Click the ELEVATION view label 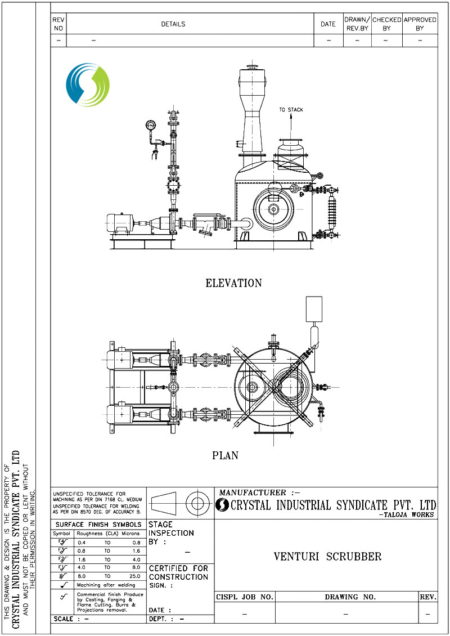pyautogui.click(x=233, y=283)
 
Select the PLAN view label pyautogui.click(x=225, y=455)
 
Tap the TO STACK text pyautogui.click(x=291, y=110)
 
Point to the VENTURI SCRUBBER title pyautogui.click(x=327, y=557)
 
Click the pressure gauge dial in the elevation pyautogui.click(x=150, y=125)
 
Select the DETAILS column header pyautogui.click(x=173, y=24)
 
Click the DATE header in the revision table pyautogui.click(x=328, y=24)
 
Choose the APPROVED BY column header pyautogui.click(x=420, y=24)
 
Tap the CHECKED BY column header pyautogui.click(x=386, y=24)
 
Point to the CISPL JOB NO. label pyautogui.click(x=245, y=597)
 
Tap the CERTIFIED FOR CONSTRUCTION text pyautogui.click(x=178, y=573)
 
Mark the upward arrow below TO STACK pyautogui.click(x=291, y=119)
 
